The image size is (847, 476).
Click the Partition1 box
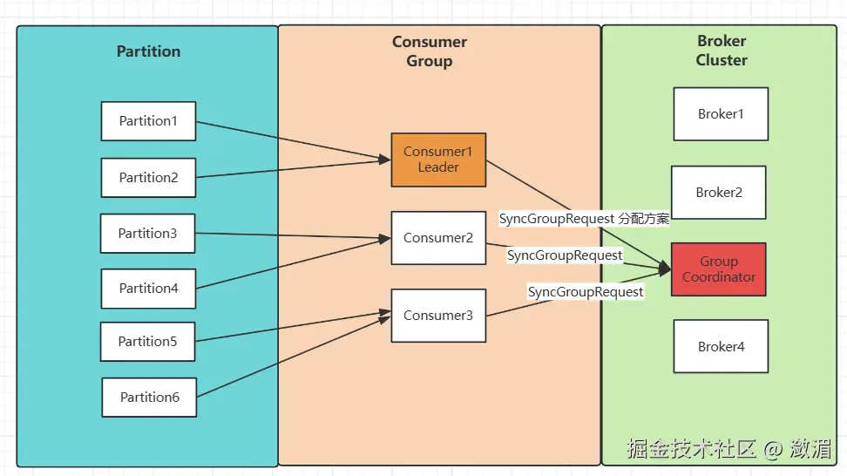tap(148, 121)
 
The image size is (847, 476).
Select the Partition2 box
tap(148, 178)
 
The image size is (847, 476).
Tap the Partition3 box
tap(147, 234)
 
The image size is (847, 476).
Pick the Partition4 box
tap(148, 289)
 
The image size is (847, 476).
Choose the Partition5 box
tap(147, 342)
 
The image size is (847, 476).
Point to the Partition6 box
tap(149, 398)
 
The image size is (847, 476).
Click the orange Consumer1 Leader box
tap(438, 160)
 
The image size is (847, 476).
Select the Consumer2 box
tap(438, 238)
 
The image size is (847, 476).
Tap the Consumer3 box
tap(438, 316)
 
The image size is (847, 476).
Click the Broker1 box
tap(721, 114)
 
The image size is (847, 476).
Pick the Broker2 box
tap(719, 193)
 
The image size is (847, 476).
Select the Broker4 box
tap(721, 347)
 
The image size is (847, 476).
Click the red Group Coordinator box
tap(719, 269)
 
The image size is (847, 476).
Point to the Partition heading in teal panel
tap(148, 51)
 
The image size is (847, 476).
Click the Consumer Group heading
tap(430, 51)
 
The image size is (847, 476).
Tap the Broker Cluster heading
tap(722, 51)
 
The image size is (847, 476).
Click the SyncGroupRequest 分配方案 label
tap(584, 219)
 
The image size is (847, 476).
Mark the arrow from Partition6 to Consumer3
tap(292, 357)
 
